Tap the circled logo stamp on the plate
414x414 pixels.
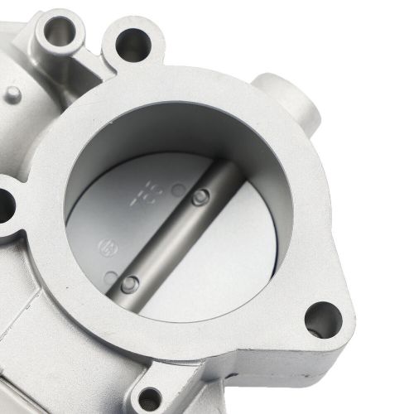click(x=105, y=247)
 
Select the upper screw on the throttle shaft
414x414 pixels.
click(x=198, y=197)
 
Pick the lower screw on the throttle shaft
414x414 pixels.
click(x=128, y=284)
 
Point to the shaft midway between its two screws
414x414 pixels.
click(x=163, y=240)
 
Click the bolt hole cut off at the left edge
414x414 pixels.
click(x=4, y=200)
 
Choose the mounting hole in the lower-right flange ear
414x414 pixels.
click(x=321, y=319)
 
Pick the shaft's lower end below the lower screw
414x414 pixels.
click(x=112, y=302)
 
